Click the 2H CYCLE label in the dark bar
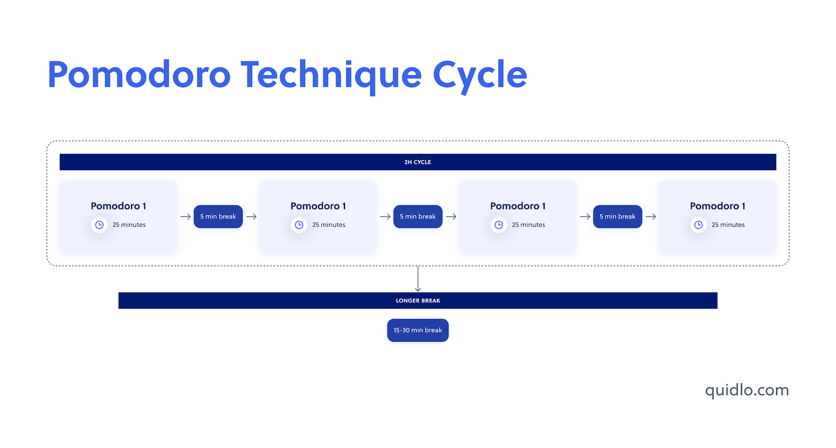click(x=417, y=162)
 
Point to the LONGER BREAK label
click(x=417, y=301)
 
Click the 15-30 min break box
click(x=417, y=330)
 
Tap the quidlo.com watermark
click(x=746, y=390)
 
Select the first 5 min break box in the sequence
click(x=218, y=217)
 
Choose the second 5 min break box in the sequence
click(x=417, y=217)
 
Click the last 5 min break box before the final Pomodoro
click(x=618, y=217)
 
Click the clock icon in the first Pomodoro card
click(x=100, y=225)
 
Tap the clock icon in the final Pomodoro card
click(x=698, y=225)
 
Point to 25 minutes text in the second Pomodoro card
click(x=328, y=225)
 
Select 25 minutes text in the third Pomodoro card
click(x=528, y=225)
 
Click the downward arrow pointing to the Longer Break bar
click(x=417, y=279)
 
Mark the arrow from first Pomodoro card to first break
click(x=185, y=217)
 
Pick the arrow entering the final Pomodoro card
click(x=651, y=217)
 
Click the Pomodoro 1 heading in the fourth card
click(x=717, y=206)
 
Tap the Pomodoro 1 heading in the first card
click(x=118, y=206)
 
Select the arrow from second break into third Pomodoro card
click(x=451, y=217)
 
